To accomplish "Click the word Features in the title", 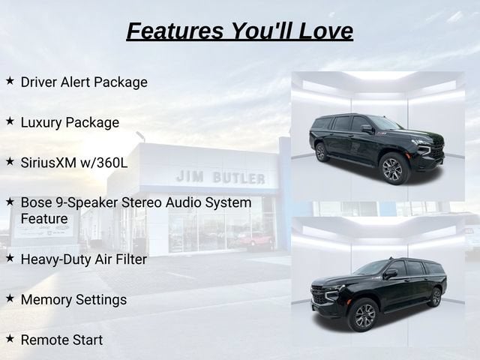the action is click(175, 31).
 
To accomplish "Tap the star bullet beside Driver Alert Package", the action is click(10, 81).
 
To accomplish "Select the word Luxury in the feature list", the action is click(41, 122).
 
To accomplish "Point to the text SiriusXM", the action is click(49, 163).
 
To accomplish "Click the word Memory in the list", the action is click(46, 300).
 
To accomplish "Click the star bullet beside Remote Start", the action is click(10, 339).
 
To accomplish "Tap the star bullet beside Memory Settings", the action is click(10, 298).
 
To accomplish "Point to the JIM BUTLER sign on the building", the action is click(220, 178).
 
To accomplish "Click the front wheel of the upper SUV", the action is click(392, 169).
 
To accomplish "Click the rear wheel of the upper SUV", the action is click(320, 152).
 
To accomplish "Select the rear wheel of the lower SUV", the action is click(435, 297).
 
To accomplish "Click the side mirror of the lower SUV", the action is click(390, 274).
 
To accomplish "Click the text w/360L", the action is click(103, 163).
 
